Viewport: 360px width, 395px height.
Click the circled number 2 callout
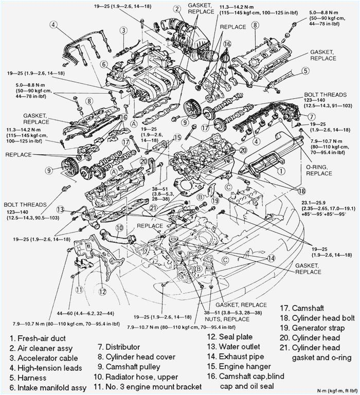click(x=177, y=9)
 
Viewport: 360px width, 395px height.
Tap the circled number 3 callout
click(x=124, y=30)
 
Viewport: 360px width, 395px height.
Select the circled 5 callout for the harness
click(x=305, y=71)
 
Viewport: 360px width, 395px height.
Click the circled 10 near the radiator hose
click(x=119, y=227)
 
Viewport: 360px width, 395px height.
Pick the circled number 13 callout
click(x=61, y=209)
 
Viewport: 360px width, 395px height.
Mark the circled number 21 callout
click(x=153, y=207)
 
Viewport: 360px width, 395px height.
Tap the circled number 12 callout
click(x=102, y=292)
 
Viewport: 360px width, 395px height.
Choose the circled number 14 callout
click(x=271, y=258)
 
